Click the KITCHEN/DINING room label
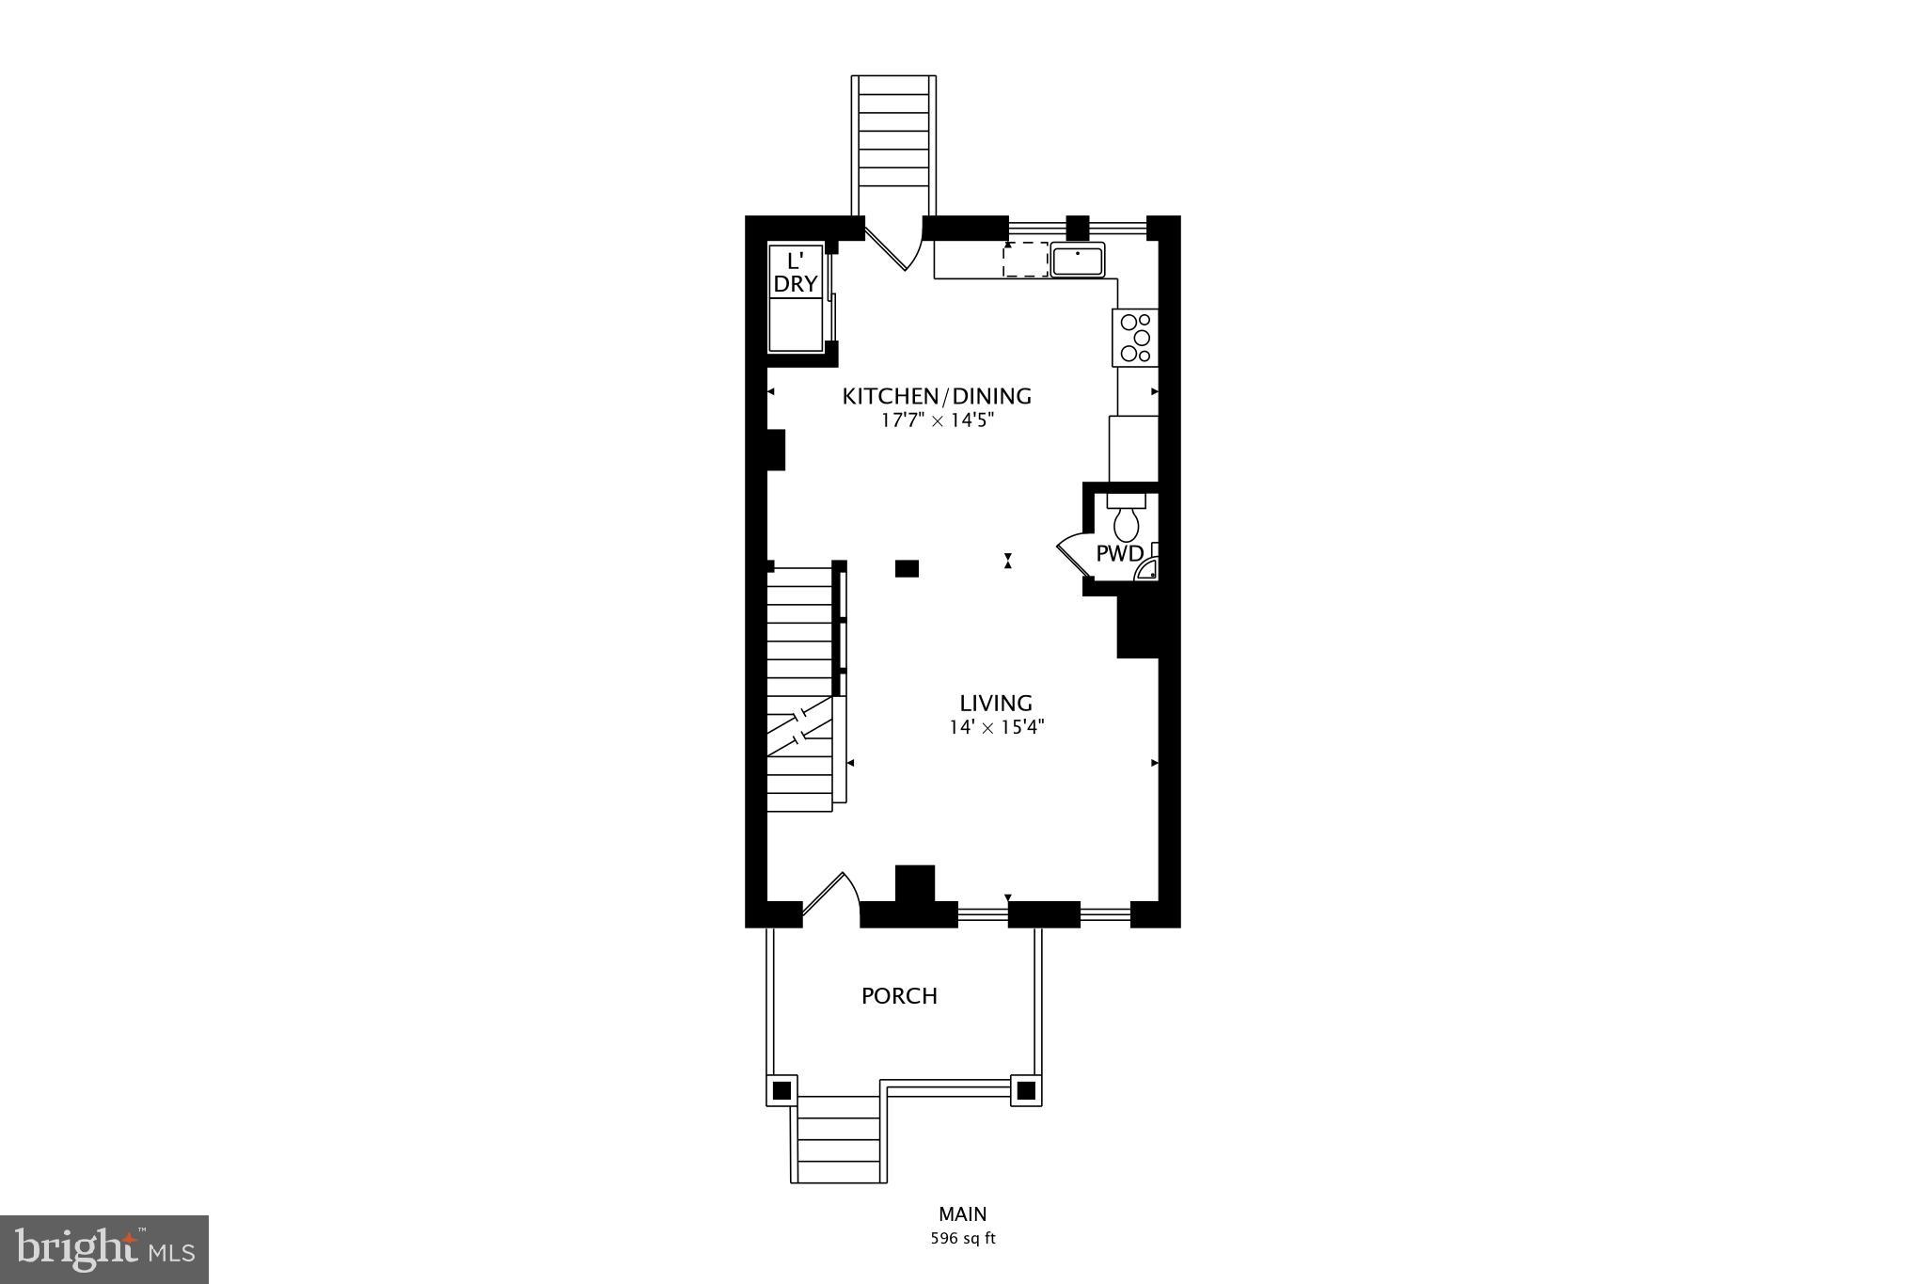pyautogui.click(x=936, y=396)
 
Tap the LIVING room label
pyautogui.click(x=996, y=703)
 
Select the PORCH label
pyautogui.click(x=899, y=996)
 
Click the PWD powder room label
pyautogui.click(x=1119, y=553)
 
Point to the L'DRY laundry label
pyautogui.click(x=796, y=273)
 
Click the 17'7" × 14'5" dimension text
pyautogui.click(x=937, y=420)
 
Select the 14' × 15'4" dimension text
pyautogui.click(x=997, y=727)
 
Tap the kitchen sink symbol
pyautogui.click(x=1078, y=260)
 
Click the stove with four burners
pyautogui.click(x=1135, y=338)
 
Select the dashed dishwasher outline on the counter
pyautogui.click(x=1025, y=260)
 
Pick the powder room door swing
pyautogui.click(x=1070, y=555)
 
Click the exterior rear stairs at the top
pyautogui.click(x=893, y=141)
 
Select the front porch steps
pyautogui.click(x=838, y=1141)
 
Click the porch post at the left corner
pyautogui.click(x=781, y=1091)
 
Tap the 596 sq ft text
pyautogui.click(x=963, y=1239)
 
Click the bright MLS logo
pyautogui.click(x=104, y=1249)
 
